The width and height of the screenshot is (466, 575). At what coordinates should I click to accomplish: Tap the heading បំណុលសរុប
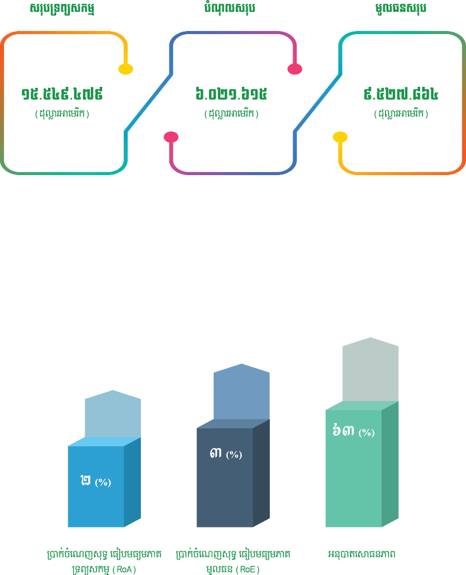[230, 8]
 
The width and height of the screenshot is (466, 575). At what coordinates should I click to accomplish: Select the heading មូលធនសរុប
[400, 8]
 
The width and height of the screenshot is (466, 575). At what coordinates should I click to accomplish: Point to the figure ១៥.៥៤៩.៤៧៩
[62, 94]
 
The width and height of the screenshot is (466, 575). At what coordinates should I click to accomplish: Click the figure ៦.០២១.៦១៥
[231, 94]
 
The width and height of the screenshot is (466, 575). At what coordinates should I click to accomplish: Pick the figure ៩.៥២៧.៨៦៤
[401, 94]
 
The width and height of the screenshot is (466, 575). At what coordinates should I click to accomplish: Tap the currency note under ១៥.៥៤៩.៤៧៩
[62, 114]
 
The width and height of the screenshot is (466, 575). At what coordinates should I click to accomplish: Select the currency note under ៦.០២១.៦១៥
[231, 114]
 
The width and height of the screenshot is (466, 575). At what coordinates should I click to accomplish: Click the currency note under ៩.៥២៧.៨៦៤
[401, 114]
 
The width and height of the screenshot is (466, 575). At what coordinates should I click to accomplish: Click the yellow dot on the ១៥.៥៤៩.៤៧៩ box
[125, 69]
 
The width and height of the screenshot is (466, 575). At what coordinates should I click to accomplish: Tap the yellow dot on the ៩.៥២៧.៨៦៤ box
[340, 137]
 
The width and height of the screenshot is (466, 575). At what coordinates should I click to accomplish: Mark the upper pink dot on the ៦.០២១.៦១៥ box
[295, 69]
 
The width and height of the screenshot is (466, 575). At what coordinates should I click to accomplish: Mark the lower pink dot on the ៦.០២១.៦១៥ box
[171, 137]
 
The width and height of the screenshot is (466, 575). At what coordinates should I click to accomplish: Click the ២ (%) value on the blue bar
[95, 481]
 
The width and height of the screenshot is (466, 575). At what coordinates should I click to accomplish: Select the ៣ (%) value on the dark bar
[226, 454]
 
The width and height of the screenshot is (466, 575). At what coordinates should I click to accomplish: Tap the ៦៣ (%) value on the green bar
[353, 431]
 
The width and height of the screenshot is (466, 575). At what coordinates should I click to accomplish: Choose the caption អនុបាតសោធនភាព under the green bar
[362, 554]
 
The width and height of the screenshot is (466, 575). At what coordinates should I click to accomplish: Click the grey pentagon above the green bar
[370, 368]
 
